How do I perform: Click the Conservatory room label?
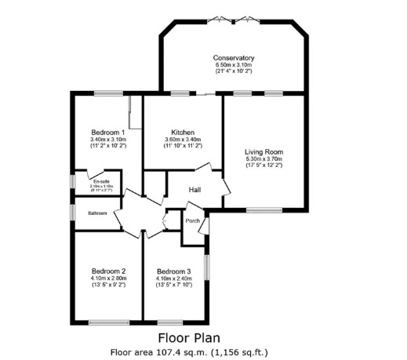234,58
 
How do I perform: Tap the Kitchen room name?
183,133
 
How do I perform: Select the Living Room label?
263,152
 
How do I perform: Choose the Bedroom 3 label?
174,271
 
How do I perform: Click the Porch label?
192,220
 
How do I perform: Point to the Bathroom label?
97,213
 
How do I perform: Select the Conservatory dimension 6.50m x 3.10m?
234,65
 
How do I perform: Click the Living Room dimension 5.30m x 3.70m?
263,159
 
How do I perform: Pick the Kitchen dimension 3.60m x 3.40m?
183,140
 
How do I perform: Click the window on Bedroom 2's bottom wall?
108,322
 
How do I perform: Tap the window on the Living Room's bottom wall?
263,210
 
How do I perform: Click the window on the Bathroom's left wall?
73,213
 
